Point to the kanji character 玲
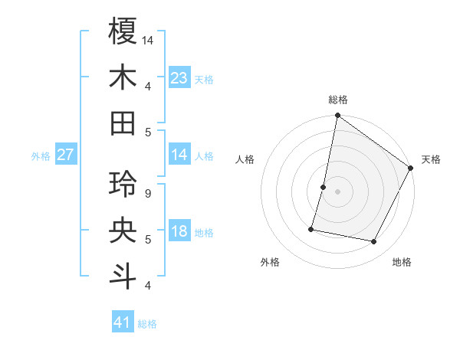123,185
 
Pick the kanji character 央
123,231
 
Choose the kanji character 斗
123,277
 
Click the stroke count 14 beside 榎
148,39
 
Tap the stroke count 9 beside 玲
148,193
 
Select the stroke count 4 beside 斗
148,286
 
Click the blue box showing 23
179,77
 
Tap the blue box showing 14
179,155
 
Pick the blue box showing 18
179,231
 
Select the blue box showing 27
65,155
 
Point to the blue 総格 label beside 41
147,324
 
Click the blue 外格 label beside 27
41,156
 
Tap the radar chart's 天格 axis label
431,159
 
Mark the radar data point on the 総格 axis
337,116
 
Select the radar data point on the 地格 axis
374,242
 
